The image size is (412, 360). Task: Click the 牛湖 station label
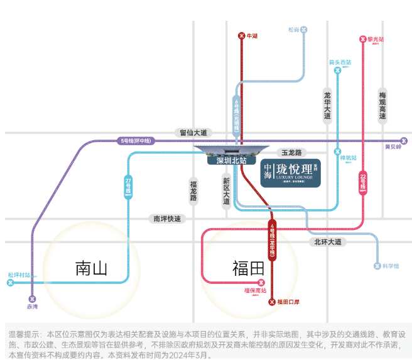[x=252, y=36]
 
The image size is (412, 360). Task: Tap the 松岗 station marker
[x=304, y=30]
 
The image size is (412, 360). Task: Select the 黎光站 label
[x=376, y=39]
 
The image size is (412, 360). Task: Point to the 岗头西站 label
[x=340, y=62]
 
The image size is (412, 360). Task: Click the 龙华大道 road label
[x=327, y=104]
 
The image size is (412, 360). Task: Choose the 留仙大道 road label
[x=193, y=133]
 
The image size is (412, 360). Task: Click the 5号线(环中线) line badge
[x=136, y=141]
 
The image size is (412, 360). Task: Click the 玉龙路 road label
[x=291, y=153]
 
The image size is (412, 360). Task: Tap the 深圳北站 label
[x=231, y=161]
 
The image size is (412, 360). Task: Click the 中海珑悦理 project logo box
[x=291, y=172]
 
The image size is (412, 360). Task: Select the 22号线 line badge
[x=363, y=182]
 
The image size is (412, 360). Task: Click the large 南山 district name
[x=91, y=268]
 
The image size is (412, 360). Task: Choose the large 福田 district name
[x=248, y=268]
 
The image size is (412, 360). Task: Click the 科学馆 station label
[x=391, y=266]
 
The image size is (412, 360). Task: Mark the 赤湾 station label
[x=32, y=307]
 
